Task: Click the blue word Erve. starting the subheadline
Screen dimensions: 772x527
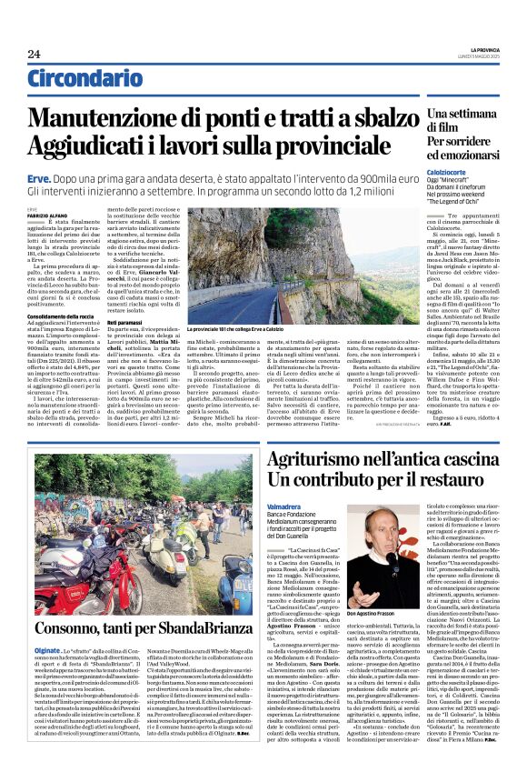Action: pyautogui.click(x=37, y=181)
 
